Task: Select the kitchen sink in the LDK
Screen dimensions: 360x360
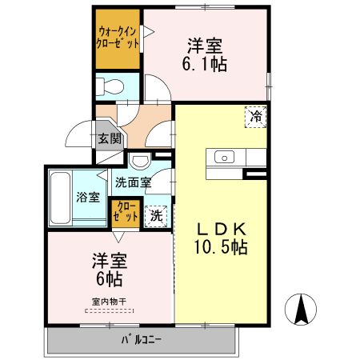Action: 222,156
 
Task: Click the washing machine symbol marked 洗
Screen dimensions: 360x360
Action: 158,214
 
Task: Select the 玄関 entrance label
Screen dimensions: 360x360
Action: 109,138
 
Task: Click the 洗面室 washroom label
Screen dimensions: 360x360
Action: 133,182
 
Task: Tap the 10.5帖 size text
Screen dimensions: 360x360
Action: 222,247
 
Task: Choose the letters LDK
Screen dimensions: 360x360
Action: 222,228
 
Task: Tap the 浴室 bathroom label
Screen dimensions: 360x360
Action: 89,197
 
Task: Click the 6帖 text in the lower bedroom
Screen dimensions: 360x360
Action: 109,279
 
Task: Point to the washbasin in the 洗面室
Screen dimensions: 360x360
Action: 141,160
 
